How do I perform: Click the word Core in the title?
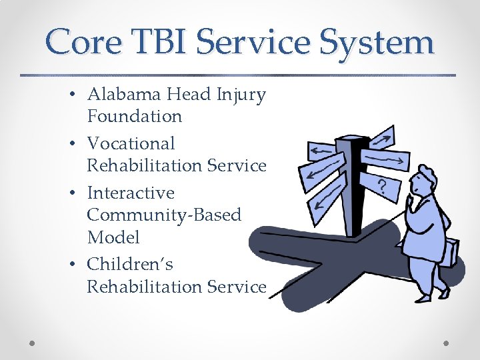coord(83,42)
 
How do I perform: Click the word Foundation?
coord(134,117)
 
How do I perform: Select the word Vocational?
coord(131,143)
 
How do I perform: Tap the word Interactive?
coord(131,193)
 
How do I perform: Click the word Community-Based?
coord(164,215)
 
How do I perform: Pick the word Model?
coord(113,237)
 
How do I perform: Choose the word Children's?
coord(130,264)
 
